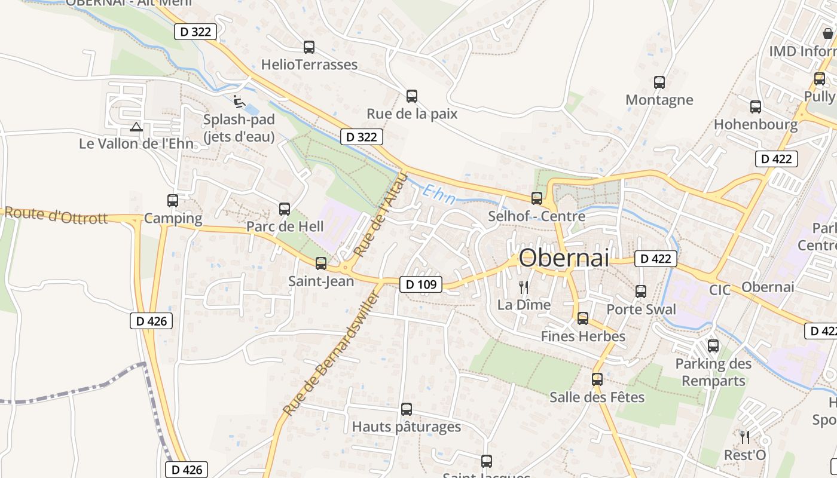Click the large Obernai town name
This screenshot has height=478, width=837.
point(564,258)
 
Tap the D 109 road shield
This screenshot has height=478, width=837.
point(421,285)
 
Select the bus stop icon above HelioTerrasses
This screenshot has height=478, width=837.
point(309,47)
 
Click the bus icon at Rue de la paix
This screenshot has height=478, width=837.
point(412,96)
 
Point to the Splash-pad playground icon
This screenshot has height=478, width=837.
point(239,101)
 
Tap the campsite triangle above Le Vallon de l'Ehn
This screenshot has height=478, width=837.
point(136,127)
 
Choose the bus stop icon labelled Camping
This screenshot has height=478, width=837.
point(173,201)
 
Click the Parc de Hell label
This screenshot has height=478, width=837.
point(285,227)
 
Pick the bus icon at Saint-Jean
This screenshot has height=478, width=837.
point(321,263)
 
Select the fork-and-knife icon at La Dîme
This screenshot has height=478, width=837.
point(524,287)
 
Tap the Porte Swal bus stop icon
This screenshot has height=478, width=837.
point(641,292)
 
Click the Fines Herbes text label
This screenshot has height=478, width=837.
point(583,336)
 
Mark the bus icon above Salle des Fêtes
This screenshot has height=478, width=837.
point(597,379)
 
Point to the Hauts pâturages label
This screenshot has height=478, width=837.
point(407,427)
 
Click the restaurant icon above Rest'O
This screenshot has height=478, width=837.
point(744,437)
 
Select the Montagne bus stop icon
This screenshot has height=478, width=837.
point(659,82)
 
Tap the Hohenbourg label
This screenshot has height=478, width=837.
point(756,125)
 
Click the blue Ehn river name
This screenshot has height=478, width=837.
point(439,195)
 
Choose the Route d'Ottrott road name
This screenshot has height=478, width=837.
point(57,215)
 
